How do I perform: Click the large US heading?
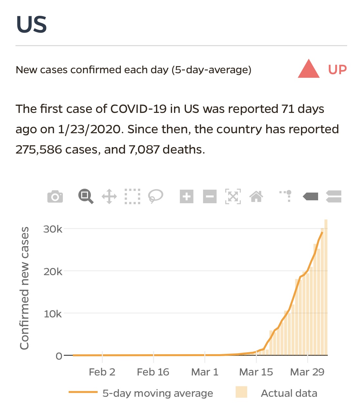pyautogui.click(x=32, y=25)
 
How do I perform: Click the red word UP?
pyautogui.click(x=337, y=70)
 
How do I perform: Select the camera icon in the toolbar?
pyautogui.click(x=55, y=196)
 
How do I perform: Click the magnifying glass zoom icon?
pyautogui.click(x=86, y=196)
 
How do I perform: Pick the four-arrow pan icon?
pyautogui.click(x=109, y=196)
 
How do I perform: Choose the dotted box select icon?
pyautogui.click(x=132, y=196)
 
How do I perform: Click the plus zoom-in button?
pyautogui.click(x=187, y=196)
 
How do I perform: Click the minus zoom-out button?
pyautogui.click(x=210, y=196)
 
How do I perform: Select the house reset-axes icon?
pyautogui.click(x=256, y=196)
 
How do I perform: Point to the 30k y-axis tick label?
pyautogui.click(x=53, y=229)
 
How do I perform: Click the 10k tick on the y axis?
pyautogui.click(x=53, y=314)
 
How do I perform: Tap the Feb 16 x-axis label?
pyautogui.click(x=153, y=372)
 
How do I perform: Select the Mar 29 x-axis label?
pyautogui.click(x=307, y=372)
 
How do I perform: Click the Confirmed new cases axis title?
pyautogui.click(x=24, y=288)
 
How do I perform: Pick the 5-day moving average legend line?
pyautogui.click(x=83, y=392)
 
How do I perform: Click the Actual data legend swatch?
pyautogui.click(x=241, y=392)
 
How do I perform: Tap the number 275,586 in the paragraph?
pyautogui.click(x=39, y=150)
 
